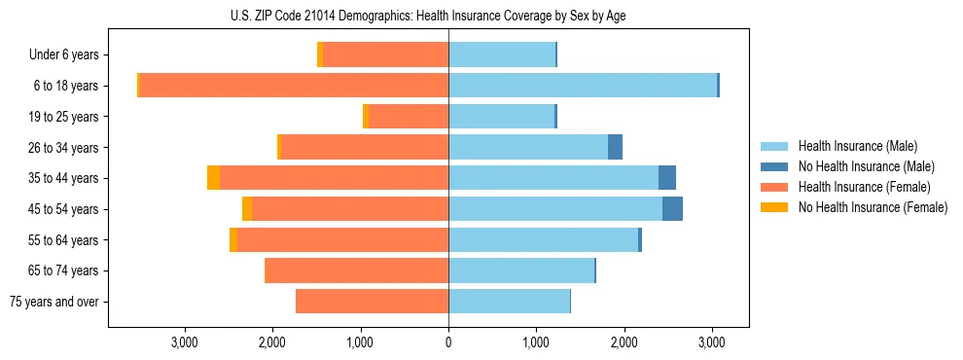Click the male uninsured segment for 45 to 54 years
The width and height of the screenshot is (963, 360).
672,209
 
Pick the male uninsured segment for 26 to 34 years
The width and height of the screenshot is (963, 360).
615,148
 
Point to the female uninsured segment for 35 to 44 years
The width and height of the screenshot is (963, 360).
213,178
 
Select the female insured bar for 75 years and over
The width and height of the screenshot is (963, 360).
372,302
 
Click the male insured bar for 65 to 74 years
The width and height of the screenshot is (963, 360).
520,270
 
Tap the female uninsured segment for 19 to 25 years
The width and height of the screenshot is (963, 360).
366,117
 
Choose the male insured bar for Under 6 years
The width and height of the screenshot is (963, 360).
501,54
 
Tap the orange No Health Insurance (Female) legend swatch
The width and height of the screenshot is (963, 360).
774,207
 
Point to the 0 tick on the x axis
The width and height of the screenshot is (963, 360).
448,342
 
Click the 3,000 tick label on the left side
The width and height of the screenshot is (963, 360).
185,342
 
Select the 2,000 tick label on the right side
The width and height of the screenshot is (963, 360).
624,342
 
